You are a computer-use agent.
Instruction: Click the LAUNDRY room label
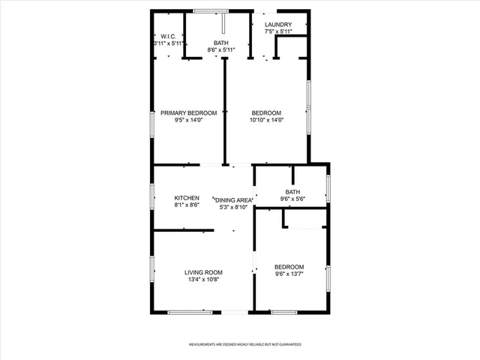point(277,25)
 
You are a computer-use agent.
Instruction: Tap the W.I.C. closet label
point(164,36)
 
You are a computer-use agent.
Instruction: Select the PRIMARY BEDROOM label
point(188,113)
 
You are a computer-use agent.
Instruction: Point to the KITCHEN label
point(187,198)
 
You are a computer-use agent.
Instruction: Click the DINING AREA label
point(233,200)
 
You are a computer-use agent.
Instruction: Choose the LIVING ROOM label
point(204,272)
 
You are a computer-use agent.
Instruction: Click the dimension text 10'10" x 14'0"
point(267,120)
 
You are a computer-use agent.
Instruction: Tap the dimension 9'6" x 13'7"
point(289,274)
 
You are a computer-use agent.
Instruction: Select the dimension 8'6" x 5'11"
point(221,50)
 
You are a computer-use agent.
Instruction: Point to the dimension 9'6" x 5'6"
point(292,199)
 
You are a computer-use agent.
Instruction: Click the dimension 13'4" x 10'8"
point(204,280)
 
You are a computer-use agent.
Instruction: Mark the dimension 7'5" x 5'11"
point(277,32)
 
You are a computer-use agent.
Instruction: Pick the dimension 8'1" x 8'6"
point(187,205)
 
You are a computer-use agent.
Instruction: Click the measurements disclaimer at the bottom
point(244,344)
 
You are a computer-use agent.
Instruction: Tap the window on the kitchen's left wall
point(152,198)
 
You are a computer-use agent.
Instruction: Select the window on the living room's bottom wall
point(190,312)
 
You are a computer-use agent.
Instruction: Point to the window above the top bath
point(211,11)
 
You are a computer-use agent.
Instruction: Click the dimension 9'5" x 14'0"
point(188,120)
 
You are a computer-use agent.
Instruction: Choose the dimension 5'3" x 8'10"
point(233,207)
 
